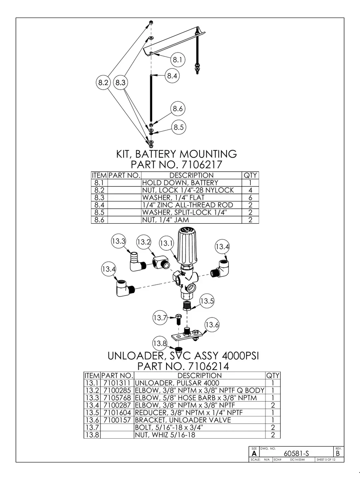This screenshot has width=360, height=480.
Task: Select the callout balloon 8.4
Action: click(x=172, y=76)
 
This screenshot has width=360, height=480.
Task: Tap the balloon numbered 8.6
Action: click(x=178, y=108)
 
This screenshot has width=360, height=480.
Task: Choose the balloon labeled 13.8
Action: click(x=160, y=343)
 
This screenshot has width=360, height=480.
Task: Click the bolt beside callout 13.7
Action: click(x=178, y=318)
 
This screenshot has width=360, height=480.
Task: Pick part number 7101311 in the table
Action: click(x=117, y=383)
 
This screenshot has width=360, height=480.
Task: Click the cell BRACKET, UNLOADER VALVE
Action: click(x=183, y=420)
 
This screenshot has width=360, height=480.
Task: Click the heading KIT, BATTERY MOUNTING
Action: click(x=176, y=154)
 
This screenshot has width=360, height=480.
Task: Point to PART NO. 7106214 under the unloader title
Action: click(x=183, y=366)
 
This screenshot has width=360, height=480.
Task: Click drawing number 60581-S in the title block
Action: click(x=296, y=453)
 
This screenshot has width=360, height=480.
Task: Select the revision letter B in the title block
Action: click(x=338, y=453)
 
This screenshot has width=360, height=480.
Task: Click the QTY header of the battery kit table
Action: click(x=250, y=175)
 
